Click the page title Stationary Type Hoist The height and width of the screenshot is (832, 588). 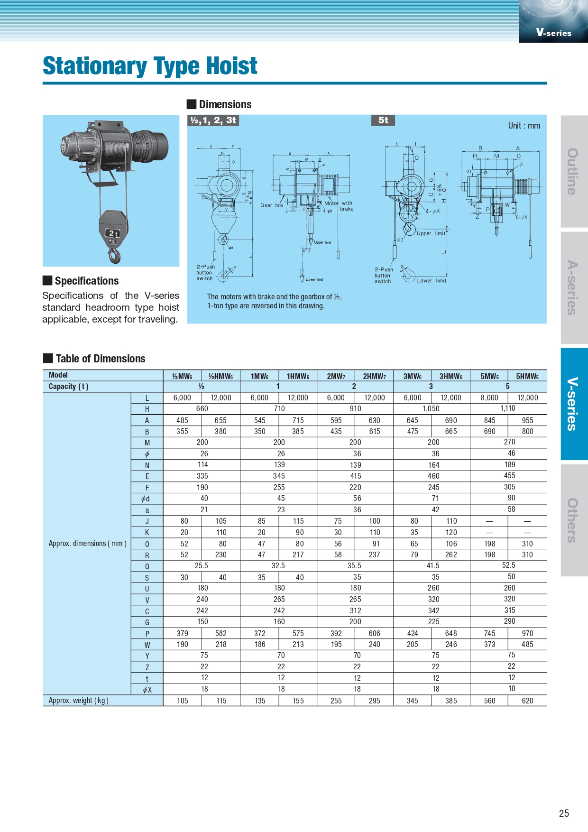coord(150,66)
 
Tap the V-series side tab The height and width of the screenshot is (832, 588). coord(574,404)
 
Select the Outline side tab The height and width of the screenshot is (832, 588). coord(574,171)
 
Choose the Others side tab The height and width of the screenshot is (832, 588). coord(574,520)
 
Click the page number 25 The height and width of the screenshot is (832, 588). coord(564,813)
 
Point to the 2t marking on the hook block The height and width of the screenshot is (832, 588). coord(112,233)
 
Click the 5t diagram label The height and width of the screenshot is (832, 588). coord(383,120)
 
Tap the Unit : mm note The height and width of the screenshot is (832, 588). coord(524,126)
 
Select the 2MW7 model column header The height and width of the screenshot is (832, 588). coord(336,376)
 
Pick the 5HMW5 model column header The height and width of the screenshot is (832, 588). coord(527,376)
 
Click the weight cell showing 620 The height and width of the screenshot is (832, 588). coord(527,701)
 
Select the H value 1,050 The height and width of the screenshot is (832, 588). coord(431,408)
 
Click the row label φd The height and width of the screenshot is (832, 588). coord(147,499)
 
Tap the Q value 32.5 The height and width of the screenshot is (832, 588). coord(278,565)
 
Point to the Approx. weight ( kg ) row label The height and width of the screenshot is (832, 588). coord(79,701)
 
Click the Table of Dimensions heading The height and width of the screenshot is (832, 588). coord(100,359)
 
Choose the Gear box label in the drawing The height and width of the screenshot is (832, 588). coord(272,205)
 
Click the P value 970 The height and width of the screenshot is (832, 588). coord(527,633)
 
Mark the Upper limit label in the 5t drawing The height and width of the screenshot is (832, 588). coord(431,233)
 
